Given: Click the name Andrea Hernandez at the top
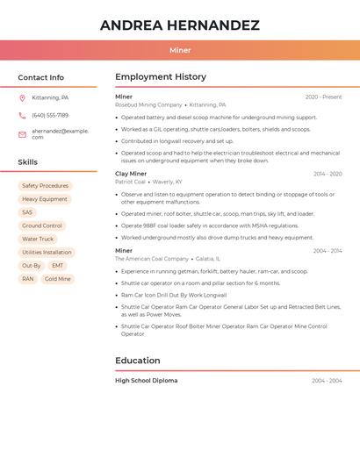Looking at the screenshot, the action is (179, 25).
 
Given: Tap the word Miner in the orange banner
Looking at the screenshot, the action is (180, 50).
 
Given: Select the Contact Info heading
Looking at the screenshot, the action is (41, 77).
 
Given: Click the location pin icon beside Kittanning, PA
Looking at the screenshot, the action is (22, 98).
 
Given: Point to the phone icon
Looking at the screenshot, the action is (22, 116).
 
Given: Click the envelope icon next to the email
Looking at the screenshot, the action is (22, 134).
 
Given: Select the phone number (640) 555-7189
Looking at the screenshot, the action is (50, 115).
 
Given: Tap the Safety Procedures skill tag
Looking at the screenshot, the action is (45, 186).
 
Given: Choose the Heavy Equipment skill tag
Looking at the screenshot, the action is (45, 199).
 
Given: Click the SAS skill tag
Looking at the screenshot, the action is (27, 212).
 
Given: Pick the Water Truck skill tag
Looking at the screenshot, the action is (38, 239).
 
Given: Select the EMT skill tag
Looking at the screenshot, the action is (57, 265).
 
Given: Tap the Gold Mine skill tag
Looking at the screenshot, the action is (57, 279).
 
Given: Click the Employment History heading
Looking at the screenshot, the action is (161, 77).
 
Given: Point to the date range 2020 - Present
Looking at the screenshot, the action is (323, 97).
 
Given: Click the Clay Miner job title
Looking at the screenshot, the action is (131, 174).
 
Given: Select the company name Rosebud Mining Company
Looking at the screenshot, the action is (148, 104).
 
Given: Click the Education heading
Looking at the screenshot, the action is (137, 361).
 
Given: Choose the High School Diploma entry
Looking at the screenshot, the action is (146, 381).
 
